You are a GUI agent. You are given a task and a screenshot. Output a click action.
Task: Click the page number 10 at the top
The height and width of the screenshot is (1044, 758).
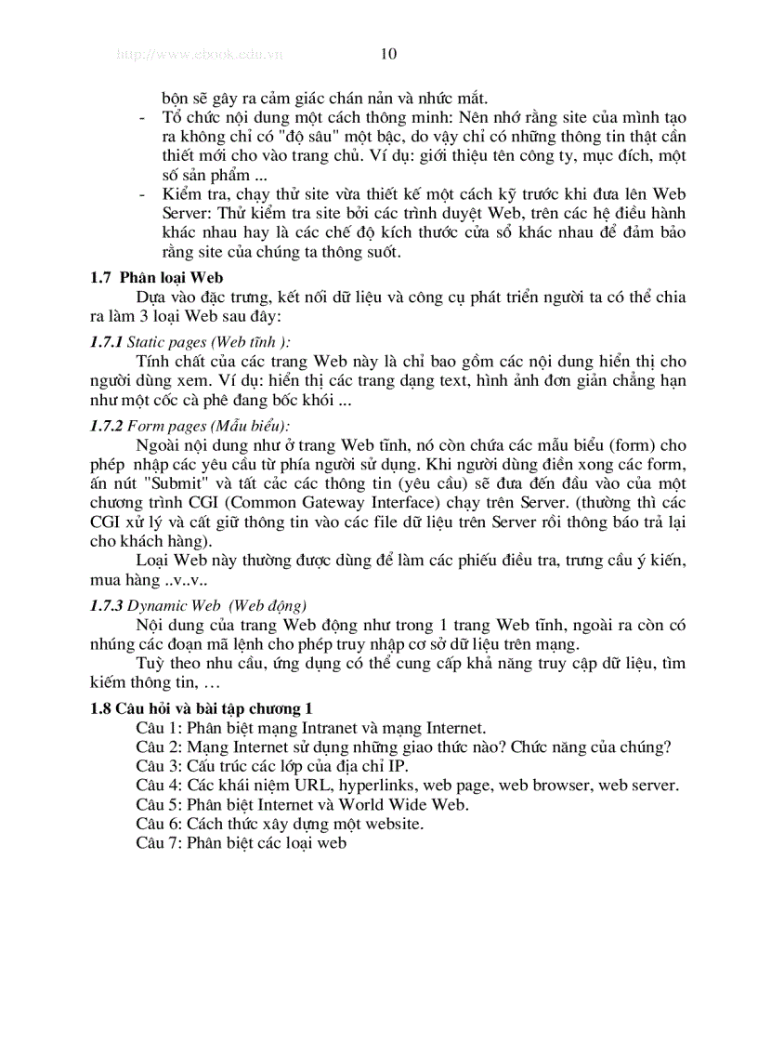pos(388,54)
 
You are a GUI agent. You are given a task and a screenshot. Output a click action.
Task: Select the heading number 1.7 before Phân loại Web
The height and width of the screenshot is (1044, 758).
pos(100,277)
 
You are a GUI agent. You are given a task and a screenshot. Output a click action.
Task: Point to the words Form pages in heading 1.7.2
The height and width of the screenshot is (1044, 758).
pos(159,426)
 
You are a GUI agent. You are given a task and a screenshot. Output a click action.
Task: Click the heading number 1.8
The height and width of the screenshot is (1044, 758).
pos(100,708)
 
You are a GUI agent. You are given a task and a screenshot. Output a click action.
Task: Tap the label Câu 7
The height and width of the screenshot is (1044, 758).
pos(158,843)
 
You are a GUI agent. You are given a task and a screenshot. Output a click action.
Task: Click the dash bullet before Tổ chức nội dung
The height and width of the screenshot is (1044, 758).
pos(140,117)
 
